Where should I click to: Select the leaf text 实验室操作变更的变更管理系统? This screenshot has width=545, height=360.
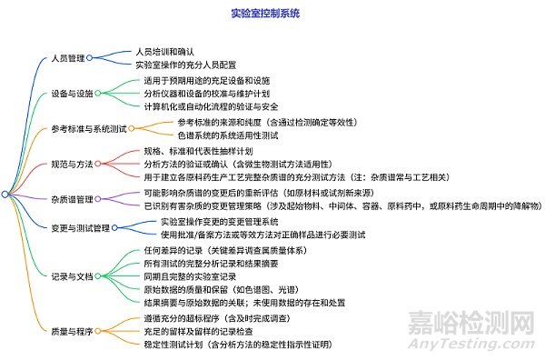[x=219, y=222]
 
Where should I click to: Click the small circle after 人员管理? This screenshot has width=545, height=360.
[x=90, y=57]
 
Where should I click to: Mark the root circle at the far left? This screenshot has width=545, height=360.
[x=5, y=194]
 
